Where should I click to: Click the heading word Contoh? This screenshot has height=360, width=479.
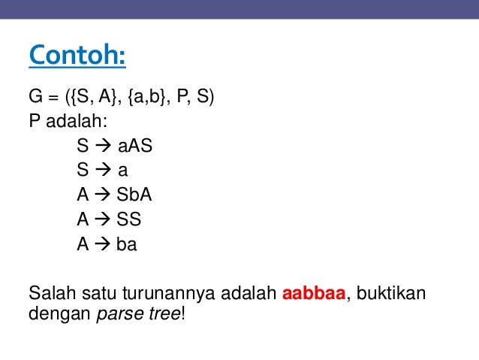click(77, 55)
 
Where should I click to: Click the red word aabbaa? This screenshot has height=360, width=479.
click(313, 293)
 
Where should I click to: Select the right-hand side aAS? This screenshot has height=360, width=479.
click(135, 145)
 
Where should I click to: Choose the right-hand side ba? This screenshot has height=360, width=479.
click(126, 244)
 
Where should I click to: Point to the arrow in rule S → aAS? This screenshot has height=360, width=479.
click(101, 145)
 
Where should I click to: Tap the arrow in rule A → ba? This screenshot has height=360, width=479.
click(101, 244)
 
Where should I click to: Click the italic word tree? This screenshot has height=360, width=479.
click(163, 313)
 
